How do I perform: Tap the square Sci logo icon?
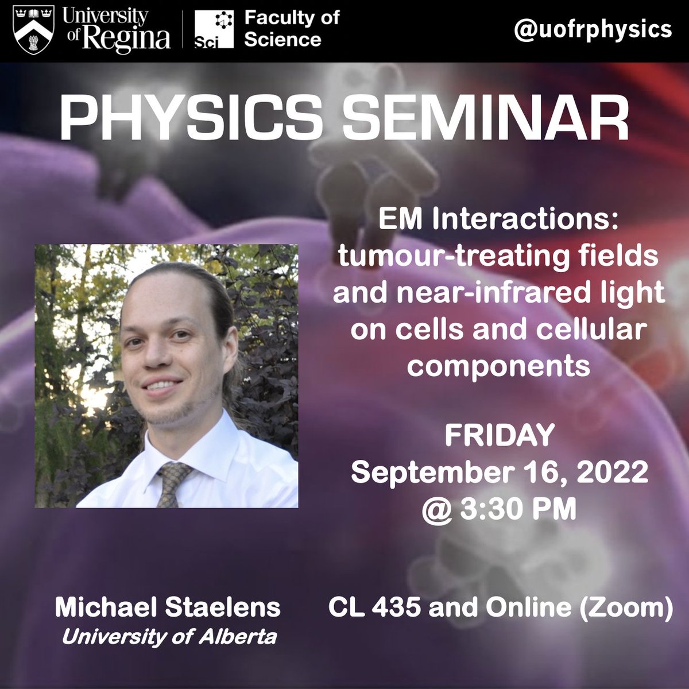(x=214, y=29)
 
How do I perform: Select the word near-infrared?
(x=494, y=293)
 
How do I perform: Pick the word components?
(x=498, y=365)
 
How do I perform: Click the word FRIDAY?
(x=499, y=436)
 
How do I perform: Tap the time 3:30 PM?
(x=518, y=509)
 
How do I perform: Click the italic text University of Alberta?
(x=169, y=636)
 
